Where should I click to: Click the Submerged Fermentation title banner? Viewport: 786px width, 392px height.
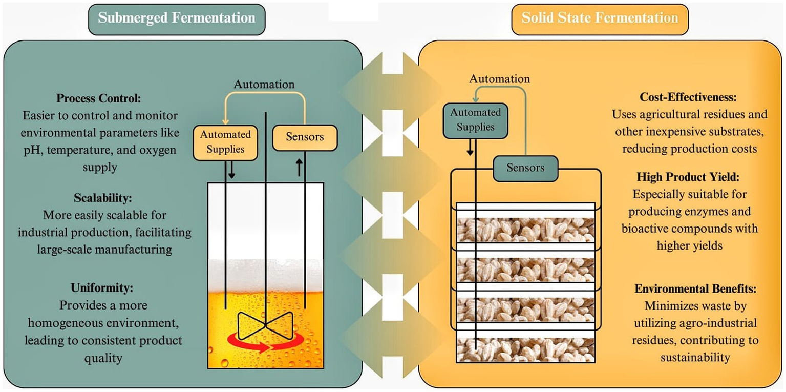pos(176,18)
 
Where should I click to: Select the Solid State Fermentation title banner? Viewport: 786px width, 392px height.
pos(600,18)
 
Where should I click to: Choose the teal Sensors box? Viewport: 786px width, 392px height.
pos(525,168)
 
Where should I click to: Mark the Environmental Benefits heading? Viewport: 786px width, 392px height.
pos(695,288)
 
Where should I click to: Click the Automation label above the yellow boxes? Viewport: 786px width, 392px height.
pos(264,85)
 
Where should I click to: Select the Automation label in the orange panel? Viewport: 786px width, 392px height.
pos(500,79)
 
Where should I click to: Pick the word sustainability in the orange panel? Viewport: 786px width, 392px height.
pos(695,357)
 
